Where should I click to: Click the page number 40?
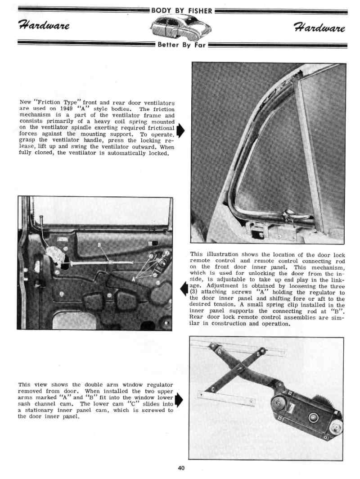181,468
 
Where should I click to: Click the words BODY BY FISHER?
182,11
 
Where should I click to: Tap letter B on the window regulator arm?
258,354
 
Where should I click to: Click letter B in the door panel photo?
100,245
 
